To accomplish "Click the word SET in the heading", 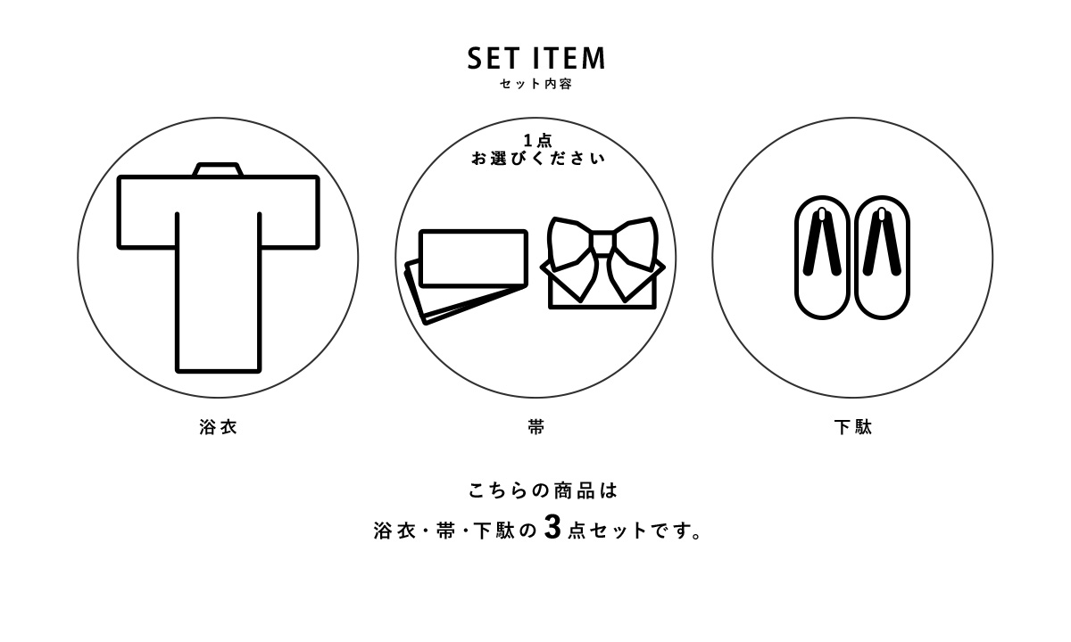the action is [x=494, y=58].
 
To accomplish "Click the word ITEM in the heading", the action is [x=569, y=58].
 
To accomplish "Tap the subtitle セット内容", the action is [x=536, y=84].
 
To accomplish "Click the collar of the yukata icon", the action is [x=218, y=169].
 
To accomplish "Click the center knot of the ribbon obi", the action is [x=602, y=243].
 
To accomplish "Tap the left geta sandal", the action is [x=822, y=258].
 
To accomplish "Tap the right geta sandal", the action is [x=882, y=258].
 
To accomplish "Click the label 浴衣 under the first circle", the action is [x=218, y=427].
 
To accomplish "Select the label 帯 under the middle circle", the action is [x=536, y=427].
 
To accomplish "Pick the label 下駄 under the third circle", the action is [x=853, y=427].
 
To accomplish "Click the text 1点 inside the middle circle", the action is [x=538, y=141].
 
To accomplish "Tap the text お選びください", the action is [x=538, y=158].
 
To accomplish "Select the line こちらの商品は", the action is [x=543, y=491].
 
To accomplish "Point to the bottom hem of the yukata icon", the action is [x=218, y=371].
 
